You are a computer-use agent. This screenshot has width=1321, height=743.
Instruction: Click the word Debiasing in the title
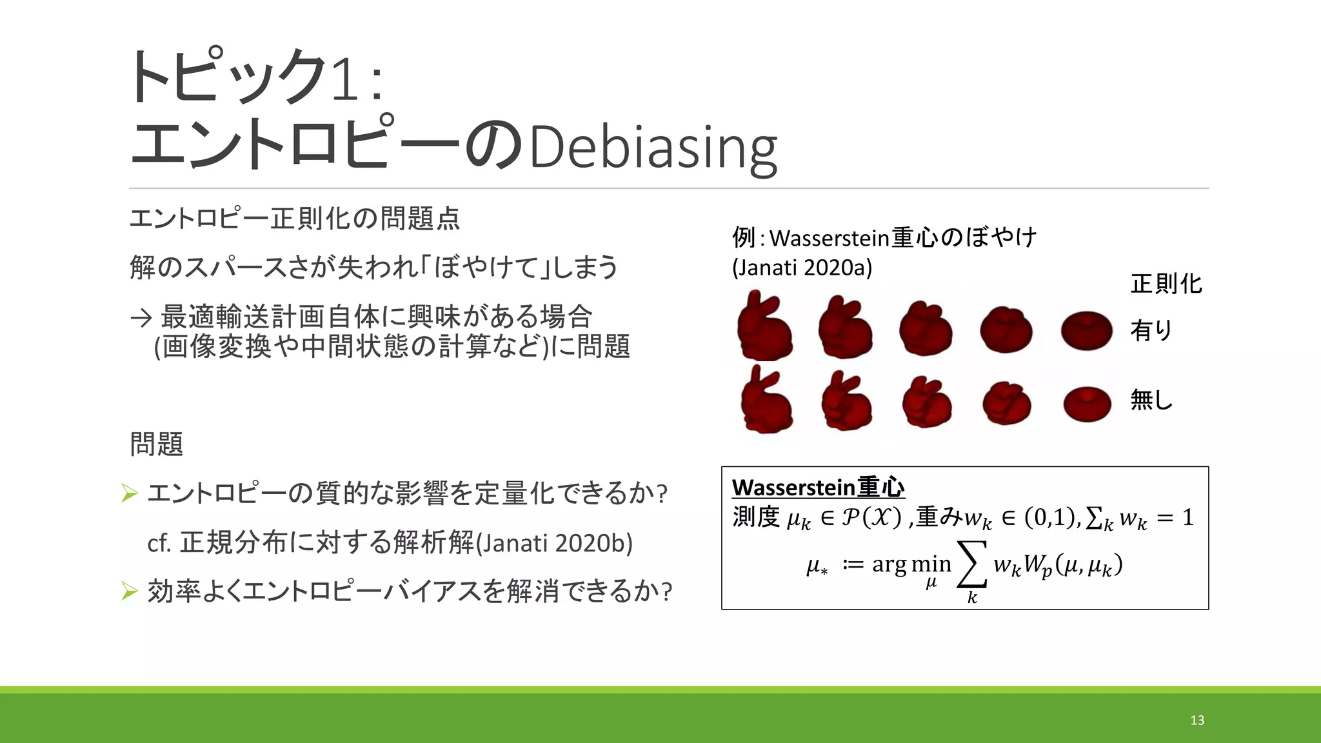pyautogui.click(x=653, y=150)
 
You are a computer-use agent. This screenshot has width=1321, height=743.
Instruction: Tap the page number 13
pyautogui.click(x=1197, y=720)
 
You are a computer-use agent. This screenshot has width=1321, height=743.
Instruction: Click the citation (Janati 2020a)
pyautogui.click(x=802, y=268)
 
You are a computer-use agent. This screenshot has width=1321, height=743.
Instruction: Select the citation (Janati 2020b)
pyautogui.click(x=555, y=543)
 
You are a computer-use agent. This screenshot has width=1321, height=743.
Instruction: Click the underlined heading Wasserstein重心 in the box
pyautogui.click(x=818, y=487)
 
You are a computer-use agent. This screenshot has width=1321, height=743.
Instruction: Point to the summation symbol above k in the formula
pyautogui.click(x=972, y=564)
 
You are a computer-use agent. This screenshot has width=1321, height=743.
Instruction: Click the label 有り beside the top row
pyautogui.click(x=1151, y=330)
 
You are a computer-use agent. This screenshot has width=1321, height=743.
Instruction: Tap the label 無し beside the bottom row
pyautogui.click(x=1151, y=400)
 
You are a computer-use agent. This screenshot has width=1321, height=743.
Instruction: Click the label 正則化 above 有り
pyautogui.click(x=1166, y=284)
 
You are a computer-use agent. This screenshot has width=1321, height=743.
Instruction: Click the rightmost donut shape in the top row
pyautogui.click(x=1086, y=330)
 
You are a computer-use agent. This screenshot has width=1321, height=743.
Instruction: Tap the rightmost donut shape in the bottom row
pyautogui.click(x=1087, y=404)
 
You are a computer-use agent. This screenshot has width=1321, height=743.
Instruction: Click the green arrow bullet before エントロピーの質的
pyautogui.click(x=130, y=493)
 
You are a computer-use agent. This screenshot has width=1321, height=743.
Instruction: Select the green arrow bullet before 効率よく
pyautogui.click(x=130, y=591)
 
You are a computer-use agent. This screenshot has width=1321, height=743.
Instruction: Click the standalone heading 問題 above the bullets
pyautogui.click(x=157, y=444)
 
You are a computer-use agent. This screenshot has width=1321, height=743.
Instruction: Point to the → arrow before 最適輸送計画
pyautogui.click(x=141, y=317)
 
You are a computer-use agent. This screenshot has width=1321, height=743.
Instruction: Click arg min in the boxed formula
pyautogui.click(x=911, y=564)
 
